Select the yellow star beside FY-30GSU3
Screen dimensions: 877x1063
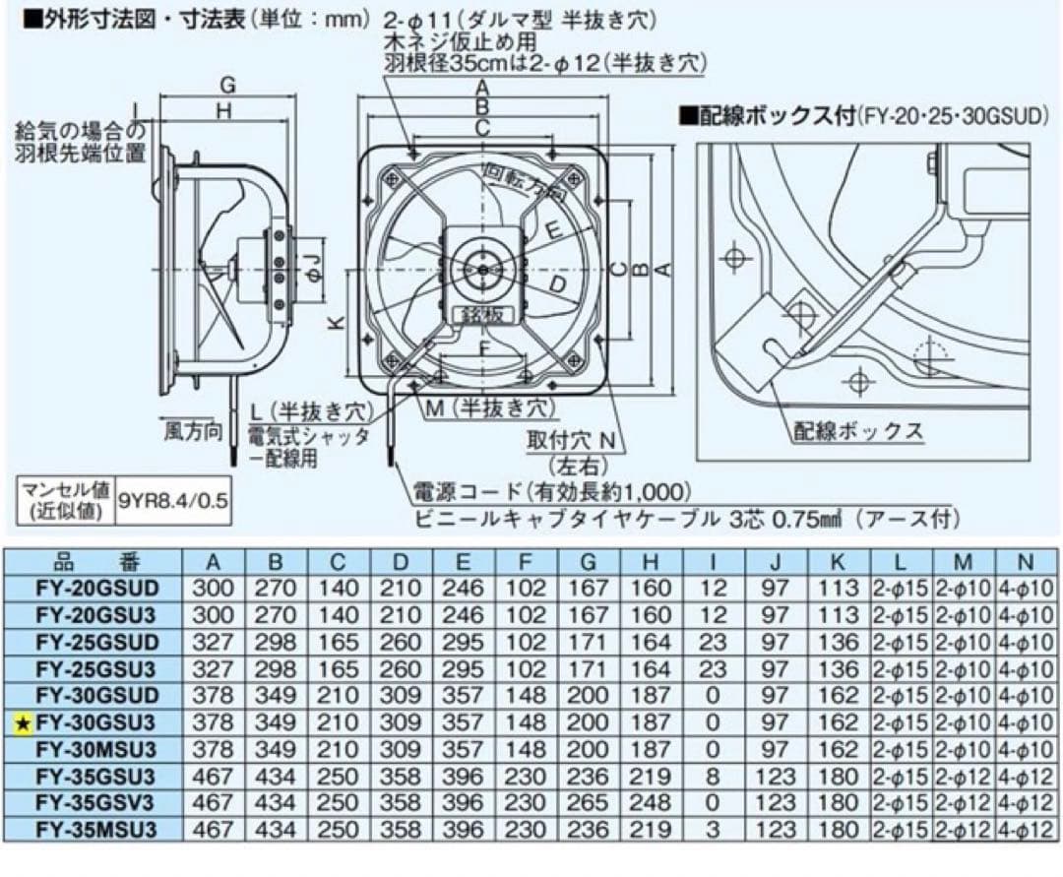[24, 722]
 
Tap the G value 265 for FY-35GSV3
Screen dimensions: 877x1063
[589, 802]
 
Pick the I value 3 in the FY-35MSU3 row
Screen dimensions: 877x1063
[712, 829]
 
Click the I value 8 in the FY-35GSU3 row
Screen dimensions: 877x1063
[712, 776]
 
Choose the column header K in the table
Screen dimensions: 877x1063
[837, 562]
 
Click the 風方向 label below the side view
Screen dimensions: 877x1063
[193, 431]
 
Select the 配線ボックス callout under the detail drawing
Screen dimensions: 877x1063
[858, 430]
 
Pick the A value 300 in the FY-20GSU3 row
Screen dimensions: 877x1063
[215, 615]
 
